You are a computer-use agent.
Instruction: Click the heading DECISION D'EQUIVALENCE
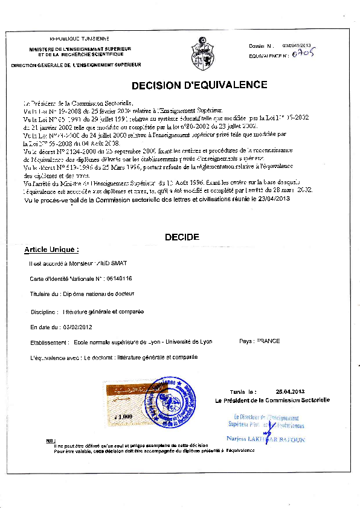point(190,85)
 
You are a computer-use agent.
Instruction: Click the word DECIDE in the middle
point(182,237)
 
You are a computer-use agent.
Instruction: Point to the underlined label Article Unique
point(51,249)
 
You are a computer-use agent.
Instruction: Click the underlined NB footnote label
point(50,441)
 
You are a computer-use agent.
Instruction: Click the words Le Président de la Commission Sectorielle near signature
point(272,400)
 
